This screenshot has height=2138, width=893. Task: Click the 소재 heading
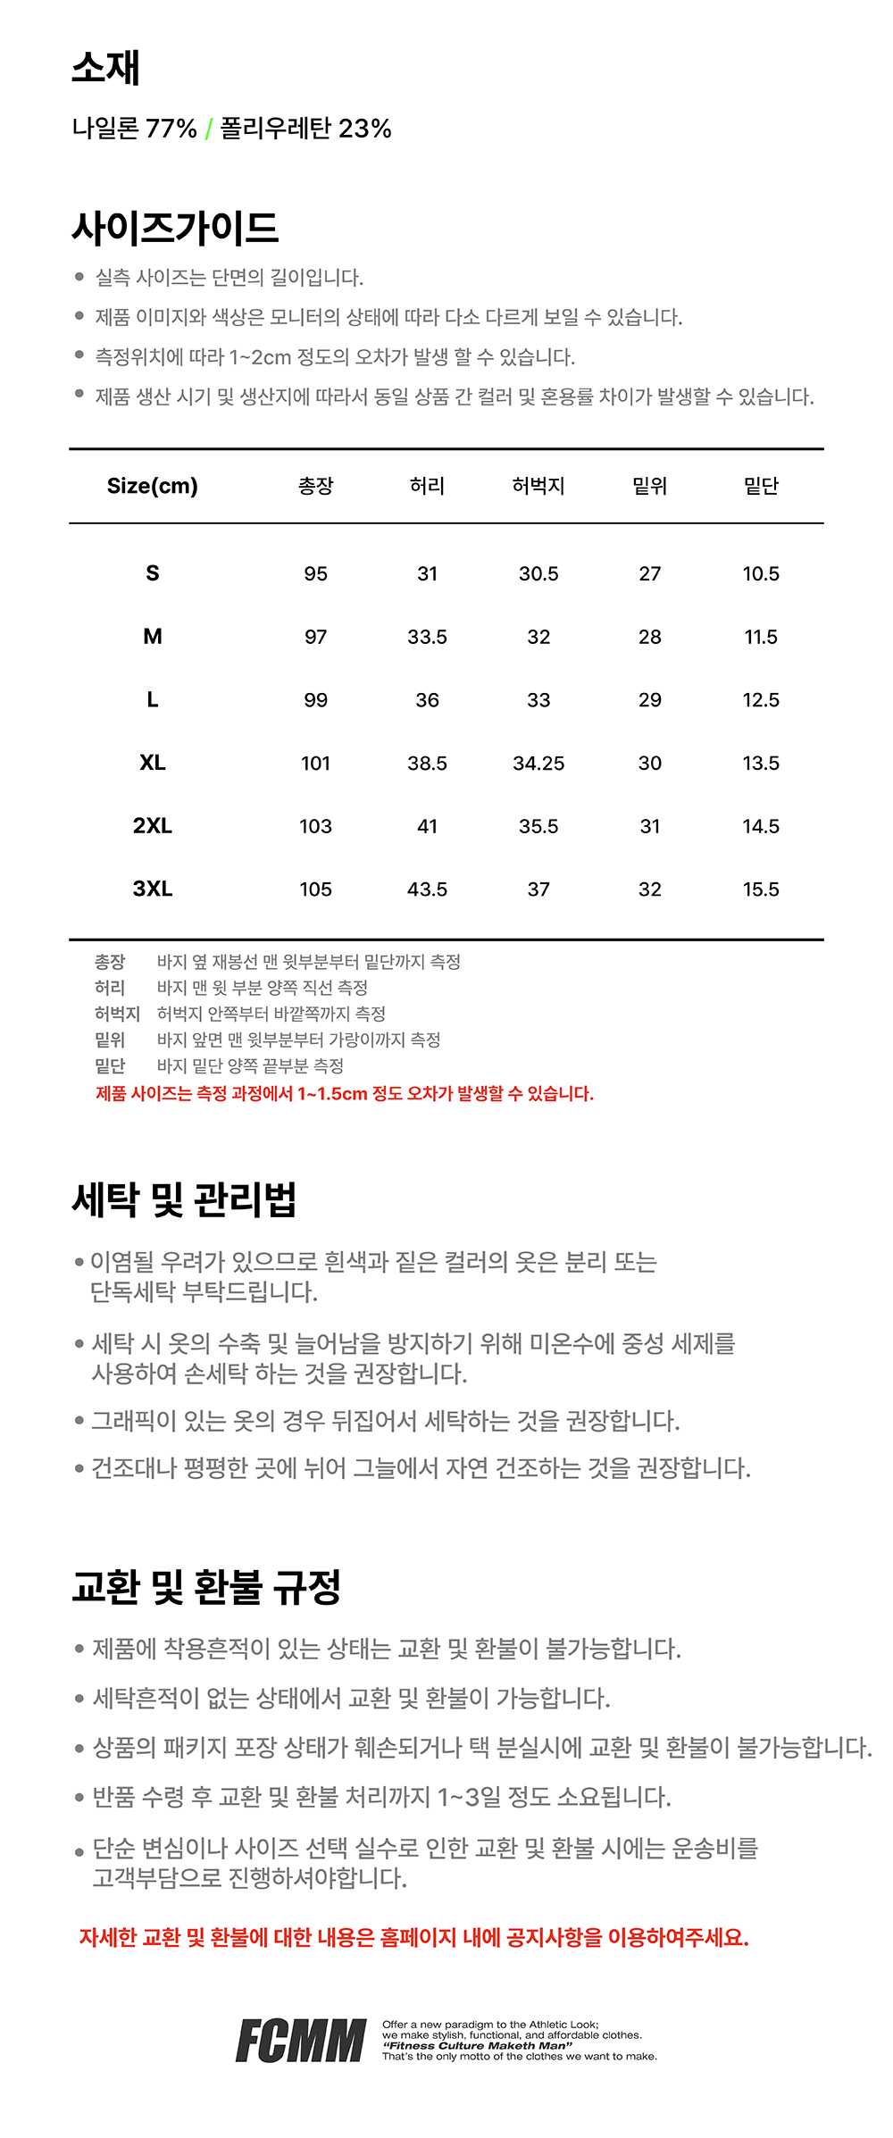click(x=105, y=68)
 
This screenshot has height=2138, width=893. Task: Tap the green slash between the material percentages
click(x=208, y=129)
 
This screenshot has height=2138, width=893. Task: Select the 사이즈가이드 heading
click(x=175, y=228)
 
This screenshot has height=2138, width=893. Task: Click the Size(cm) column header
click(x=153, y=486)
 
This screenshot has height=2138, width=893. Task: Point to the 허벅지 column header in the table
click(x=538, y=486)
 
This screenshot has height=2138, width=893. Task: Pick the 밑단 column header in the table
click(x=761, y=486)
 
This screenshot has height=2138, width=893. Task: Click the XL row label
click(x=153, y=763)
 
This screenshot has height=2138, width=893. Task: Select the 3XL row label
click(x=153, y=889)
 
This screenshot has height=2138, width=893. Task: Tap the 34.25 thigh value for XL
click(x=538, y=764)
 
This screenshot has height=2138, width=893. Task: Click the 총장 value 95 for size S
click(x=315, y=573)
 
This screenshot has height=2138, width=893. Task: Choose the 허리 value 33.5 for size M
click(x=427, y=637)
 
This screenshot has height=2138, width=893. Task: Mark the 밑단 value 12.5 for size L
click(x=761, y=700)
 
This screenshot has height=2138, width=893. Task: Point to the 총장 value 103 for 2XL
click(x=315, y=826)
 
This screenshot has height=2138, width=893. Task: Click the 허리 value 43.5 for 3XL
click(x=427, y=889)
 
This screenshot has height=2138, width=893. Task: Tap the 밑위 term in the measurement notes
click(x=110, y=1040)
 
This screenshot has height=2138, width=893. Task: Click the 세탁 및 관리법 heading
click(x=184, y=1198)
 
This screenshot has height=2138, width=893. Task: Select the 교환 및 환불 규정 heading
click(x=206, y=1586)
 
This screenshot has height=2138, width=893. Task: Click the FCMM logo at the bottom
click(x=301, y=2040)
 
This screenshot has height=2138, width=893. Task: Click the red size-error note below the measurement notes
click(x=345, y=1093)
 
